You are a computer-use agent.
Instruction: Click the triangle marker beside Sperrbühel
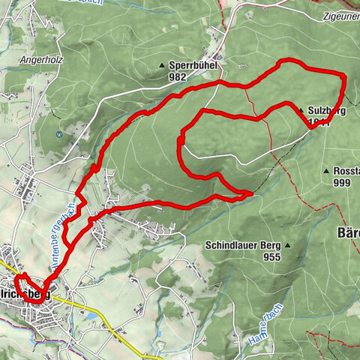(162, 66)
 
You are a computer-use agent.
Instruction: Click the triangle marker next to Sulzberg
(301, 110)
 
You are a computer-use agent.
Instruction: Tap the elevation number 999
(343, 183)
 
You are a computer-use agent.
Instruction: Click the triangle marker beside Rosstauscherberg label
(327, 172)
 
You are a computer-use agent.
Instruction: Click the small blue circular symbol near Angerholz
(58, 134)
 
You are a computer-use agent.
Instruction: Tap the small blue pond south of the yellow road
(90, 316)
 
